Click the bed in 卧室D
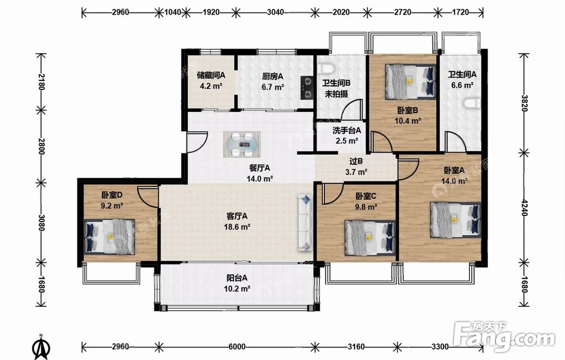click(x=110, y=237)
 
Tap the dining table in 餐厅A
click(x=242, y=144)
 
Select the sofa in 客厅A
click(x=305, y=223)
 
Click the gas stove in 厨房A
click(x=307, y=88)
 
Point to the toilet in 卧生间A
click(x=472, y=104)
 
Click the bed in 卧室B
click(x=410, y=81)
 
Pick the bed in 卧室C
click(x=370, y=238)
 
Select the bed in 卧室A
click(x=455, y=220)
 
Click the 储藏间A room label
click(x=211, y=75)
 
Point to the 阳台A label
click(x=237, y=278)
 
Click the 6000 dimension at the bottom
click(x=237, y=346)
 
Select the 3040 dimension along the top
click(x=275, y=12)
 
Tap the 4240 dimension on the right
click(x=524, y=207)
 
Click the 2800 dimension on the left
click(x=41, y=146)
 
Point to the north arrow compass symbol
click(x=41, y=347)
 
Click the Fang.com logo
click(x=504, y=336)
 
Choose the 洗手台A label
click(x=346, y=131)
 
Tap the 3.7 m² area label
click(x=356, y=172)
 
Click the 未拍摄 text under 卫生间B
click(x=336, y=94)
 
